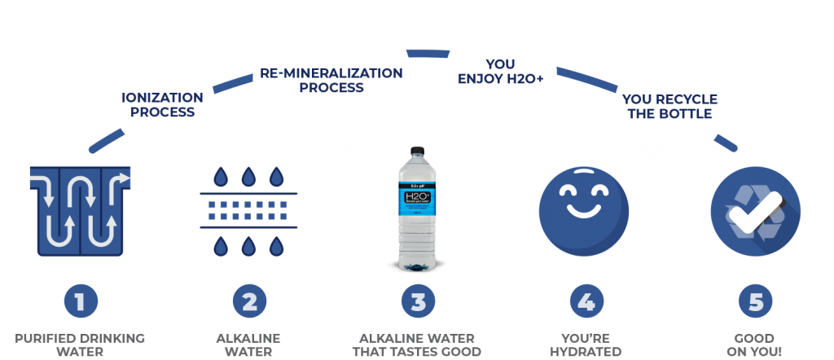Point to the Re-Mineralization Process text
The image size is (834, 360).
(331, 79)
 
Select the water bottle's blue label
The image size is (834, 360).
(417, 203)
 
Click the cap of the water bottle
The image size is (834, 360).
(417, 150)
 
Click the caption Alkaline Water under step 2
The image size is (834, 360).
(249, 345)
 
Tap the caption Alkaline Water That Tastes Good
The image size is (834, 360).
(417, 345)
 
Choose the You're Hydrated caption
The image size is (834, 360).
(585, 345)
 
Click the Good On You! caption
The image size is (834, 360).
(755, 345)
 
